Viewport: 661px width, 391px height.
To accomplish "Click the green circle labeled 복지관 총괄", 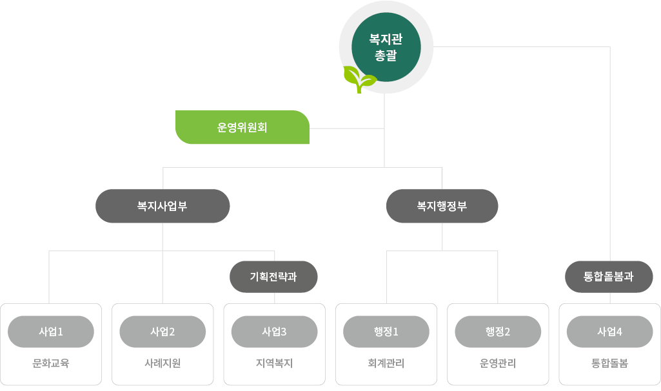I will point(386,48).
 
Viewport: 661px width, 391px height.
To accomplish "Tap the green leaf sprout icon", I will point(359,79).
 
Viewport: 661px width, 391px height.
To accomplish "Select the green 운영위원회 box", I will point(242,128).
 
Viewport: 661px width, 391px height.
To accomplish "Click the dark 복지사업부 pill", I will point(163,206).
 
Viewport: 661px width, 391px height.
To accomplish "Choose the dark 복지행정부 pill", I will point(442,206).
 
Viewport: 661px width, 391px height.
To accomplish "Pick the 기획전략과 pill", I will point(274,277).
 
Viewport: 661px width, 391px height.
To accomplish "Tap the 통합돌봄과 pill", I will point(609,277).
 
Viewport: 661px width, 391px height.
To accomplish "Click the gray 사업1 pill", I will point(51,332).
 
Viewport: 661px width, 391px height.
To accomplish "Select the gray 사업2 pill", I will point(163,332).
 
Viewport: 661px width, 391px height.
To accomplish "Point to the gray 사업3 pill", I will point(274,332).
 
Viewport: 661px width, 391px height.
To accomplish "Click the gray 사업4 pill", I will point(609,332).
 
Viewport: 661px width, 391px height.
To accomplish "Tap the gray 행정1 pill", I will point(386,332).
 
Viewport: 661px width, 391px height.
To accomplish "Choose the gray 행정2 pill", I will point(498,332).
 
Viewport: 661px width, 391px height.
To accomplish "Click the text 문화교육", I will point(51,363).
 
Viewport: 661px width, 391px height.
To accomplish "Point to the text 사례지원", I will point(163,363).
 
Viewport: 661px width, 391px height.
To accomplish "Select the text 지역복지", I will point(274,363).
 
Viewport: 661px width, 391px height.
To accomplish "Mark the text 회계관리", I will point(386,363).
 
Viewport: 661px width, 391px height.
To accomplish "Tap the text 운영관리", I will point(498,363).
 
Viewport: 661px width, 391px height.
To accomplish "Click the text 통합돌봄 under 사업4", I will point(609,363).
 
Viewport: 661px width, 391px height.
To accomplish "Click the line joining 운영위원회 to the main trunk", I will point(347,128).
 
